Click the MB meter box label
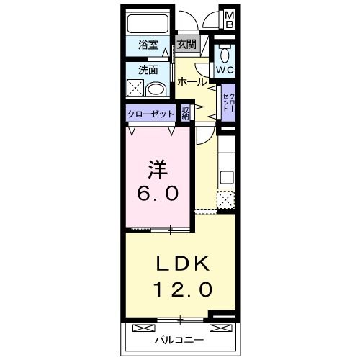[x=230, y=20]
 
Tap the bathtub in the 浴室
[x=148, y=24]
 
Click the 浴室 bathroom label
[x=148, y=45]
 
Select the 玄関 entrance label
[x=186, y=45]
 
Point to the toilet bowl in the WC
[x=225, y=55]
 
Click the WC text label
[x=225, y=70]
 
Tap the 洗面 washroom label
[x=148, y=70]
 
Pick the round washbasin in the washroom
[x=156, y=90]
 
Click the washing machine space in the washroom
[x=135, y=89]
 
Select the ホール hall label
[x=192, y=82]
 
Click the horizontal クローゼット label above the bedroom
[x=150, y=114]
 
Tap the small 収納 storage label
[x=185, y=113]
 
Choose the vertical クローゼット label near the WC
[x=228, y=102]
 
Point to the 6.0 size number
[x=158, y=194]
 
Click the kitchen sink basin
[x=227, y=178]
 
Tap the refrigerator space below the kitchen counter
[x=226, y=199]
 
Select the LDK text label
[x=183, y=264]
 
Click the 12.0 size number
[x=183, y=289]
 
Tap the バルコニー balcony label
[x=179, y=340]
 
